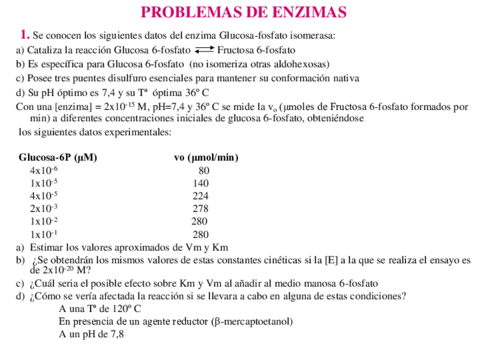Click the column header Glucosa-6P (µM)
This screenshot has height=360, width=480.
point(58,158)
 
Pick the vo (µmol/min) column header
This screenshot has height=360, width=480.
point(206,158)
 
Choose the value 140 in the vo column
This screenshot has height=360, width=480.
point(201,184)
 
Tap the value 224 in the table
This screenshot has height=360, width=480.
point(201,196)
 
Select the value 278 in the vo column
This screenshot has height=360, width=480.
point(201,209)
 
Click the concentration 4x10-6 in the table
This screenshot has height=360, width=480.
point(45,171)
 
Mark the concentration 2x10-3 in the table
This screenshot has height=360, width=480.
point(45,209)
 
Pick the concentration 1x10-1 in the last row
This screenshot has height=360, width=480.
point(45,234)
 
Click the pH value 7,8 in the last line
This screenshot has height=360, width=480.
point(116,335)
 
